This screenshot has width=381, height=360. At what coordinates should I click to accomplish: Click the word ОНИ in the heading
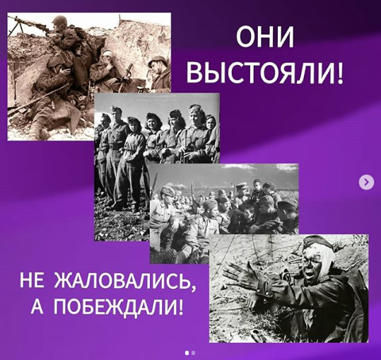point(265,37)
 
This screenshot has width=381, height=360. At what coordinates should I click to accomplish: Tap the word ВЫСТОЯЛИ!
point(265,72)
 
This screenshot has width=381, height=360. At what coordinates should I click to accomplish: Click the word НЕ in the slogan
point(32,280)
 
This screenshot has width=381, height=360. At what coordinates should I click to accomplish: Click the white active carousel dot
point(187,353)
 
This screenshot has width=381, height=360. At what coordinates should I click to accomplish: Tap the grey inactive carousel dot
point(193,353)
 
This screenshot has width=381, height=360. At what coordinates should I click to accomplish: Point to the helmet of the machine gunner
point(59,21)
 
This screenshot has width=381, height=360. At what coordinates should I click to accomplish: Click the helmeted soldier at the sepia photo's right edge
point(159,73)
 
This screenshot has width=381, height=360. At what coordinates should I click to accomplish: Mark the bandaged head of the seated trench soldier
point(107,56)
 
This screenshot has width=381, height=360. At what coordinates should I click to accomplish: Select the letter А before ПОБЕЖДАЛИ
point(37,306)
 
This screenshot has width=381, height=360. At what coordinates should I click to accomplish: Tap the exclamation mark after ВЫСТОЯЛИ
point(340,72)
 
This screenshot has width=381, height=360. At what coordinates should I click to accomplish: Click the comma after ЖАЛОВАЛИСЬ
point(193,288)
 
